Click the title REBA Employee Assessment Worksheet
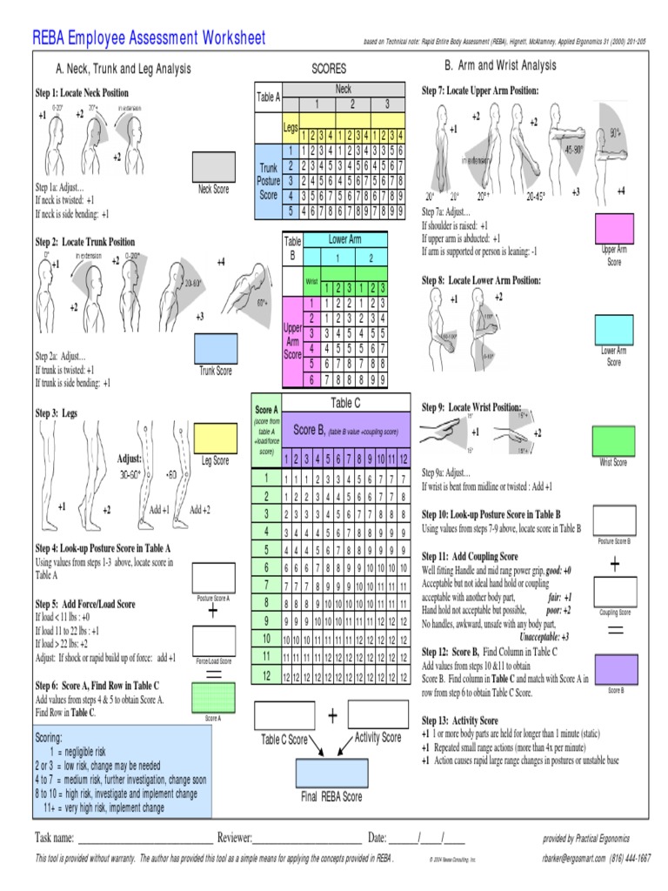[x=149, y=38]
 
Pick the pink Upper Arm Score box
[x=614, y=228]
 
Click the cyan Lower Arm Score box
[x=614, y=330]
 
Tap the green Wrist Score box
[x=613, y=440]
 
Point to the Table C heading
[x=345, y=402]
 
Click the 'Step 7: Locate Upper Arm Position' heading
[x=480, y=91]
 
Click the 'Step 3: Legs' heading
[x=57, y=414]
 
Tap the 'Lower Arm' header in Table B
[x=344, y=239]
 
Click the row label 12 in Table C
[x=266, y=675]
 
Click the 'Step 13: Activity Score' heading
[x=460, y=720]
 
